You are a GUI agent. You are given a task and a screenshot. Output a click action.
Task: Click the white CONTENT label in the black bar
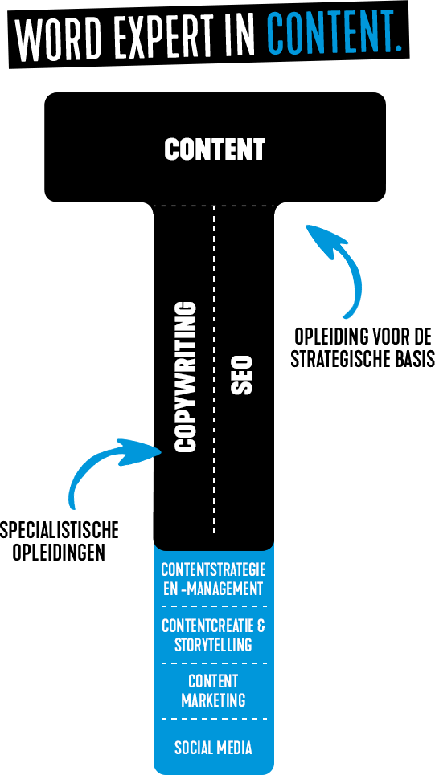(x=215, y=149)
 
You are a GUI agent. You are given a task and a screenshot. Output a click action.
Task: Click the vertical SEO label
(x=242, y=374)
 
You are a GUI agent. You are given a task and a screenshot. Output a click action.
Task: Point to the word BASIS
(x=417, y=359)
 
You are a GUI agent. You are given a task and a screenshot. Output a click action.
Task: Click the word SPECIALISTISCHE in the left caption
(x=60, y=531)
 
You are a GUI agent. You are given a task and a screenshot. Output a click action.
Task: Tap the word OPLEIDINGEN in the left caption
(x=59, y=552)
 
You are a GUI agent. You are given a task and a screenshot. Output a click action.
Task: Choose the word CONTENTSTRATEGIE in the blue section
(x=213, y=570)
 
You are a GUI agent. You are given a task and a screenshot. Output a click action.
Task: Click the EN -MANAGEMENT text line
(x=213, y=589)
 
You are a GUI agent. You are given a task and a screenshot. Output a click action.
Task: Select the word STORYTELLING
(x=213, y=645)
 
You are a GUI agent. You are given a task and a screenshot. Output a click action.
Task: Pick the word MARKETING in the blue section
(x=213, y=700)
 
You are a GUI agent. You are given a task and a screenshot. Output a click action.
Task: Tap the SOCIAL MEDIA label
(x=213, y=748)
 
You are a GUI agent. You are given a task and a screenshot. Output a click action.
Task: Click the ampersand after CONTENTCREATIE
(x=261, y=626)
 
